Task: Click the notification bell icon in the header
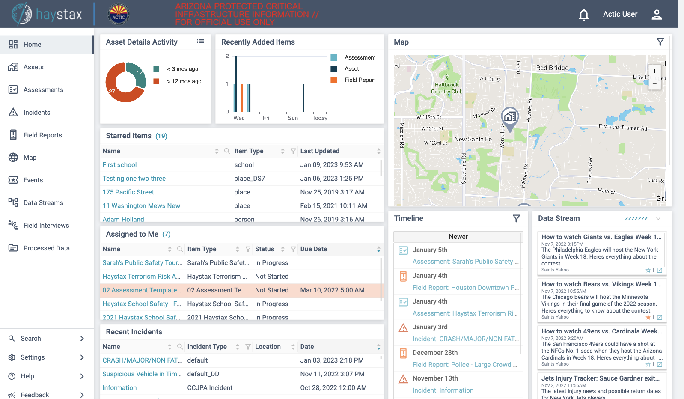583,15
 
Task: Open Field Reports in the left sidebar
42,135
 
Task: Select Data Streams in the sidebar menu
43,203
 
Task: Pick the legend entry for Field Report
360,80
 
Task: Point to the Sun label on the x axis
293,118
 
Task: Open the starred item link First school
119,165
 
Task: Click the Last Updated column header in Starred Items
320,151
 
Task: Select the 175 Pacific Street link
128,192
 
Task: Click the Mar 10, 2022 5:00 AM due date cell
332,290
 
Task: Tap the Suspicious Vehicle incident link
142,374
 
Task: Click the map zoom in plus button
654,71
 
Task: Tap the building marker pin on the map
510,117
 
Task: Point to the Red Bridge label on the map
552,68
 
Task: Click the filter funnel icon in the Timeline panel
517,219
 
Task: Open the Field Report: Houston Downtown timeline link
465,288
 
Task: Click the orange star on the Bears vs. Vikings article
648,317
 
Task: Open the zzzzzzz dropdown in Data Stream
642,218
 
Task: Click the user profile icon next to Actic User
657,15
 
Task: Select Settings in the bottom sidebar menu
33,357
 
